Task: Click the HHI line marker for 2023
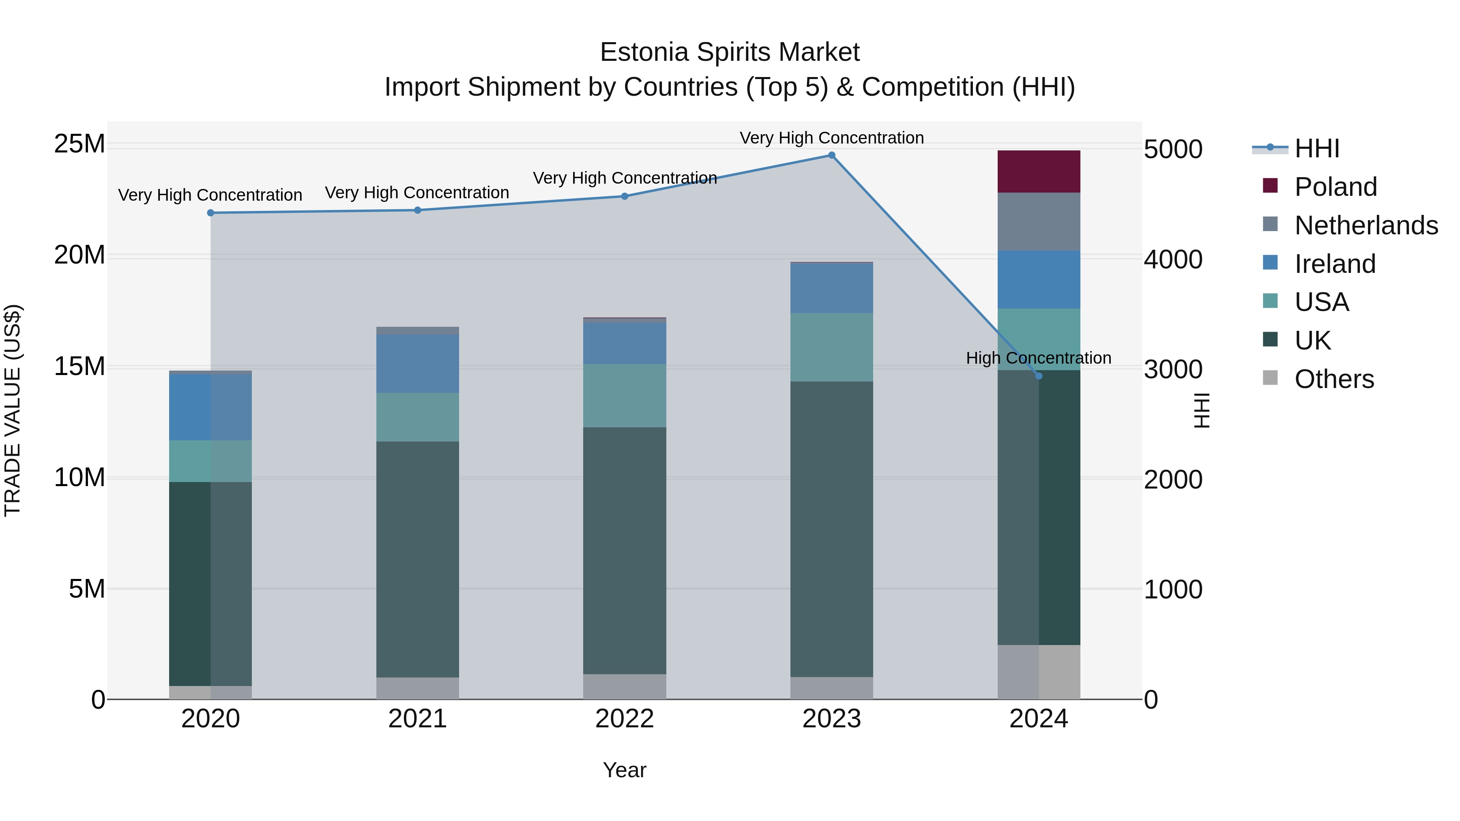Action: click(831, 155)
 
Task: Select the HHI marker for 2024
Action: click(1038, 376)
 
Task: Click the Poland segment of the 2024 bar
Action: click(1038, 171)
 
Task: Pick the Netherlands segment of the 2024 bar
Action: click(1038, 221)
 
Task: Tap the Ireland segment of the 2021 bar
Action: click(418, 363)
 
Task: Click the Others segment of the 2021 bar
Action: click(418, 688)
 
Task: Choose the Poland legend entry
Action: click(1335, 187)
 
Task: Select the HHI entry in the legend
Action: click(1316, 148)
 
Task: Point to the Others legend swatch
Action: click(1270, 378)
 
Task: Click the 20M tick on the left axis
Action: click(79, 255)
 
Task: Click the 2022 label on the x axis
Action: click(625, 719)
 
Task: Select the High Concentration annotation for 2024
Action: click(1038, 358)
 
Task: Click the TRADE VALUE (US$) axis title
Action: click(13, 410)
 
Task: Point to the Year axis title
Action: click(624, 770)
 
